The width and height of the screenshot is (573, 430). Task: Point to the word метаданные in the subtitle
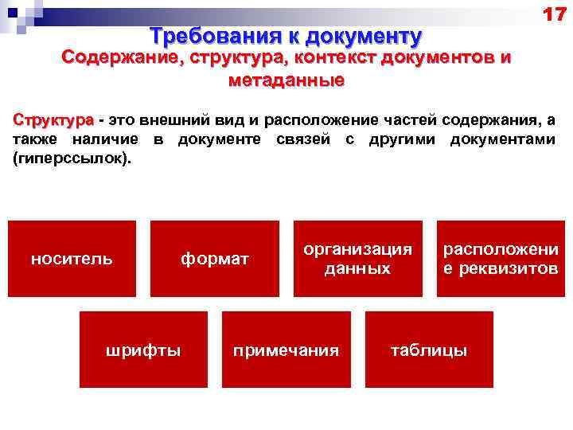pos(286,80)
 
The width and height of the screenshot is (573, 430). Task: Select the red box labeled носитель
pos(72,259)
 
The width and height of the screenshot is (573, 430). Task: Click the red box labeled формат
pos(215,259)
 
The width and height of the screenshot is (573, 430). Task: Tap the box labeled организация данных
pos(357,259)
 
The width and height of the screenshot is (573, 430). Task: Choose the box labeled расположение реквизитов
pos(501,259)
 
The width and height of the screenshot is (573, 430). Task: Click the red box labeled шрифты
pos(143,350)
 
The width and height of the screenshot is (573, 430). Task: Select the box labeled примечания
pos(286,350)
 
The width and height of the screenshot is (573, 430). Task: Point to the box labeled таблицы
pos(429,350)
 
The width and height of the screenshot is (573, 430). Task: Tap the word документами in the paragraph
pos(501,140)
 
